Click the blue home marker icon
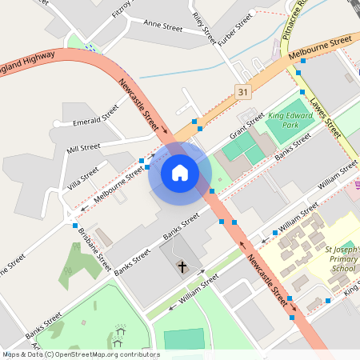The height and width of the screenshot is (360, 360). pyautogui.click(x=180, y=173)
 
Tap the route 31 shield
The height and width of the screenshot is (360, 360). pyautogui.click(x=242, y=93)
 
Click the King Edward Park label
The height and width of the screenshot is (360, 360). pyautogui.click(x=288, y=120)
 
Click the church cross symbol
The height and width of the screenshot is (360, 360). pyautogui.click(x=182, y=266)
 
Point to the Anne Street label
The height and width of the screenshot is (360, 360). pyautogui.click(x=162, y=26)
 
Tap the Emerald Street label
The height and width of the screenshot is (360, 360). pyautogui.click(x=95, y=122)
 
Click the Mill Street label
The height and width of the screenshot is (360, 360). pyautogui.click(x=83, y=148)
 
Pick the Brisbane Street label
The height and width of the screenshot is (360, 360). pyautogui.click(x=94, y=245)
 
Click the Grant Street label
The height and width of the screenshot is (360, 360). pyautogui.click(x=247, y=123)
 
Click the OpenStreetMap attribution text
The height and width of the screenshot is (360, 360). pyautogui.click(x=81, y=354)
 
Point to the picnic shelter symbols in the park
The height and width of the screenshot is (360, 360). pyautogui.click(x=120, y=332)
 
